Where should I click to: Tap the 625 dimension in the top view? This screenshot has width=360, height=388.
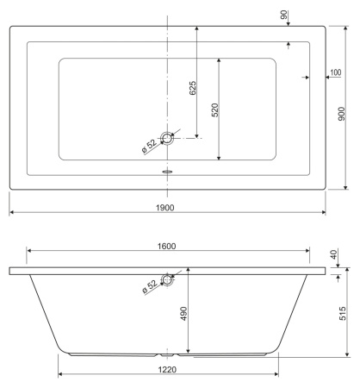point(193,87)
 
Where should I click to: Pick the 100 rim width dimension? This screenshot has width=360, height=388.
point(336,72)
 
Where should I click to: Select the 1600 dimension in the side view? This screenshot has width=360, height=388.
point(166,246)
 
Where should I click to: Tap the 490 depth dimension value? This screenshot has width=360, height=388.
point(183,315)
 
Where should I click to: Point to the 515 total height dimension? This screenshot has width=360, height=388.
point(342,311)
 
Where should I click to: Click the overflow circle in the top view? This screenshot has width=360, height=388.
point(166,136)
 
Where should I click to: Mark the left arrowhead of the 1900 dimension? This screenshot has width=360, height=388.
point(12,212)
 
